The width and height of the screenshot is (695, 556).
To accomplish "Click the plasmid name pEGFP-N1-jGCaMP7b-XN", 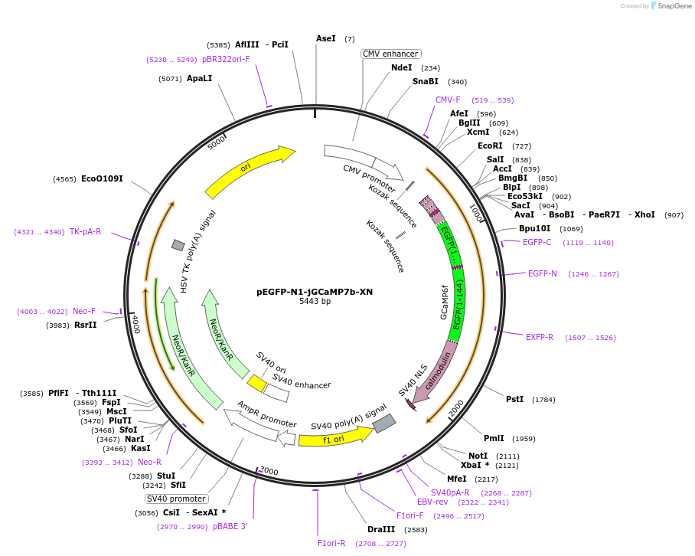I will pyautogui.click(x=315, y=292).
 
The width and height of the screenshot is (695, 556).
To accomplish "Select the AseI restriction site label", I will pyautogui.click(x=326, y=38).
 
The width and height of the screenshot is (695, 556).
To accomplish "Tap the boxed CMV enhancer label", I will pyautogui.click(x=390, y=54).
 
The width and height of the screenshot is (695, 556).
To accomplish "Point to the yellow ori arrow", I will pyautogui.click(x=250, y=172).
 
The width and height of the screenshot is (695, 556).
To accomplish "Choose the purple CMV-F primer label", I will pyautogui.click(x=448, y=100).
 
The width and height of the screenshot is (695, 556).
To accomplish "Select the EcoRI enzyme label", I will pyautogui.click(x=490, y=146).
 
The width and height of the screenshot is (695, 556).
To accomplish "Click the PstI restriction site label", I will pyautogui.click(x=514, y=399).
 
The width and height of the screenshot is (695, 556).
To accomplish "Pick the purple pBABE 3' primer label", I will pyautogui.click(x=230, y=527).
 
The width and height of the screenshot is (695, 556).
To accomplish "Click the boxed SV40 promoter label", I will pyautogui.click(x=177, y=499).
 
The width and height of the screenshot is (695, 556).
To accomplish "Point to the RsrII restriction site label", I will pyautogui.click(x=86, y=325).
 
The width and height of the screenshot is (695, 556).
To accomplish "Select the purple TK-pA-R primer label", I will pyautogui.click(x=85, y=231).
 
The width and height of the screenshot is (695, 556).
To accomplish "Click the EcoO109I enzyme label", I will pyautogui.click(x=102, y=179).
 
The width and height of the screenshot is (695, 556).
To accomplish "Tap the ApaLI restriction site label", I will pyautogui.click(x=199, y=78).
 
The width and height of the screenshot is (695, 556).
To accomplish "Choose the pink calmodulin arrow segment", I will pyautogui.click(x=438, y=370).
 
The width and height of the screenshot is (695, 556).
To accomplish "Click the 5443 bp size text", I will pyautogui.click(x=315, y=302).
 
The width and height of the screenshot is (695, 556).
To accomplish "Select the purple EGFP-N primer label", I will pyautogui.click(x=543, y=273).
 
